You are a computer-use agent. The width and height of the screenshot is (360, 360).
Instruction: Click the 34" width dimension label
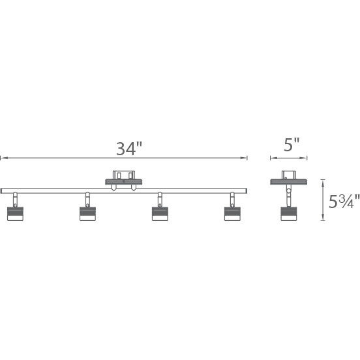(129, 149)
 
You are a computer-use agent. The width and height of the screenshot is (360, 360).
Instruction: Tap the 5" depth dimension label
(292, 145)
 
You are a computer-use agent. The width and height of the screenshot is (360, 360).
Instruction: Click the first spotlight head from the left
(14, 213)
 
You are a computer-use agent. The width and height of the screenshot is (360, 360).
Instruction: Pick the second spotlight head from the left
(87, 213)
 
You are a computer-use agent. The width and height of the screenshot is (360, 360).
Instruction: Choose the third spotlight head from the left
(160, 213)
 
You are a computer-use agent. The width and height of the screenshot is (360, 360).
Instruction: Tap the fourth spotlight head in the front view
(232, 213)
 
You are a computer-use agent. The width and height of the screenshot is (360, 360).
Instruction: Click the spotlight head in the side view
(288, 213)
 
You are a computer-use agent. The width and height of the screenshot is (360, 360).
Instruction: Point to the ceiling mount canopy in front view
(124, 177)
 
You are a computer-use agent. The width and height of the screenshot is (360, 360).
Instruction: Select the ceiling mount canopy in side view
(288, 177)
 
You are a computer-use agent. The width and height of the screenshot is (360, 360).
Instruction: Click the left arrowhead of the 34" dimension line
(2, 158)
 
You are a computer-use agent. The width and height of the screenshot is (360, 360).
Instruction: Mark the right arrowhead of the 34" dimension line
(246, 158)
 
